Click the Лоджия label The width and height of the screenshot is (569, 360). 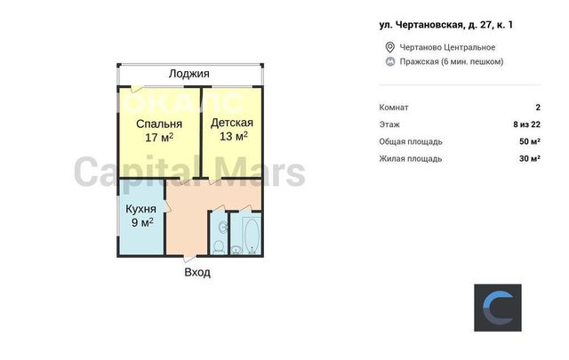tap(189, 74)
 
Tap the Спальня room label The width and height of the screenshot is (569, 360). tap(159, 124)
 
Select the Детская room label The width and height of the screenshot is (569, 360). tap(232, 123)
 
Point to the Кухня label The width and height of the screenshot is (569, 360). tap(140, 209)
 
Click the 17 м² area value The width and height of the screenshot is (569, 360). tap(159, 138)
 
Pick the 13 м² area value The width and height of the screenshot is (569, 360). tap(233, 136)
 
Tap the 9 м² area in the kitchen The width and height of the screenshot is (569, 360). tap(142, 222)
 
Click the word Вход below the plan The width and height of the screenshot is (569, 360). tap(197, 272)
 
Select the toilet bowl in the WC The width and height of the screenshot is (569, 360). tap(219, 247)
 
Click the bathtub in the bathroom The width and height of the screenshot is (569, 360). tap(252, 236)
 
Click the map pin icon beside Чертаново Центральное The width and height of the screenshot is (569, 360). tap(389, 47)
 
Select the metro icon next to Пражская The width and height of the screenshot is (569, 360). tap(390, 61)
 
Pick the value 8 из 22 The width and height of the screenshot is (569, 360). tap(526, 124)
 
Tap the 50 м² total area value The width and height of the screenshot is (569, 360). tap(530, 141)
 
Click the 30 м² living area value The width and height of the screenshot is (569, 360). tap(530, 158)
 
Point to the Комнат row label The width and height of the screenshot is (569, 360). tap(394, 108)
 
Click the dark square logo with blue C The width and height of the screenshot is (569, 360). tap(498, 308)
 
